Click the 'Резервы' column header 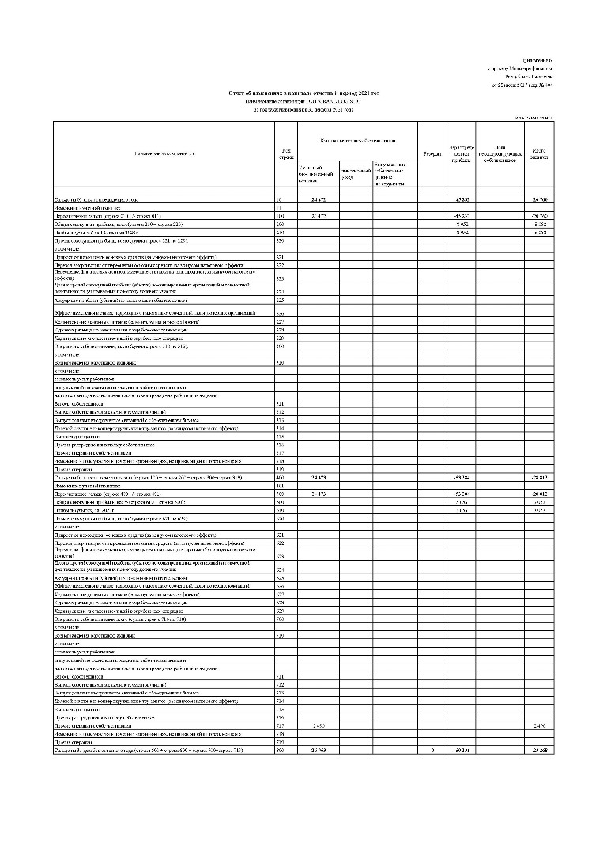[x=432, y=152]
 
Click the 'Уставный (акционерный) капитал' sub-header [x=318, y=172]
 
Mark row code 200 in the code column [x=279, y=224]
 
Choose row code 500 [x=279, y=473]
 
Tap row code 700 [x=279, y=617]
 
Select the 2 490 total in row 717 [x=540, y=725]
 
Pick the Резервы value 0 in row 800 [x=432, y=750]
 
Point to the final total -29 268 [x=540, y=750]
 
